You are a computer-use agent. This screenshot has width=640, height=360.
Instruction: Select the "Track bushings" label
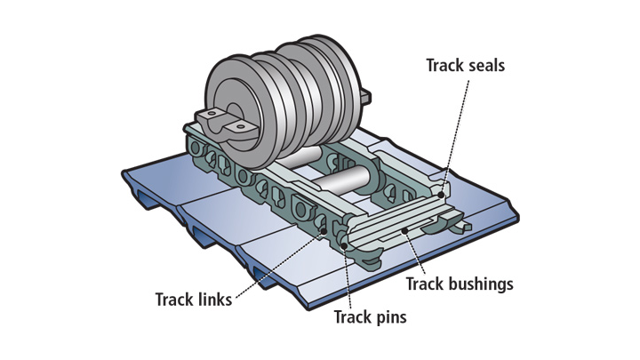(x=460, y=285)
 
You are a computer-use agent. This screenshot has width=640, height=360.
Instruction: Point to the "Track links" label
(x=193, y=300)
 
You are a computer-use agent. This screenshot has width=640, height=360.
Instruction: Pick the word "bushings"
(x=480, y=285)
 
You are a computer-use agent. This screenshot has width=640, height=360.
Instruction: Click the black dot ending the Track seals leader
(x=442, y=191)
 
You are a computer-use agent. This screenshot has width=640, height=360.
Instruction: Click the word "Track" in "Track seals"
(x=444, y=66)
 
